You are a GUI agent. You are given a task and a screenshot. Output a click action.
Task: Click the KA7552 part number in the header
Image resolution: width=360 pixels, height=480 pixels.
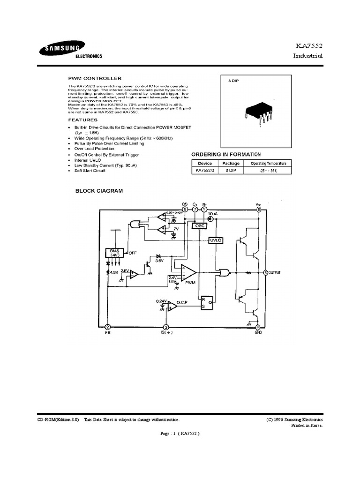(309, 46)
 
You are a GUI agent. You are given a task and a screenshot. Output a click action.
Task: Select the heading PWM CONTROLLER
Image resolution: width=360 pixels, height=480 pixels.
(95, 78)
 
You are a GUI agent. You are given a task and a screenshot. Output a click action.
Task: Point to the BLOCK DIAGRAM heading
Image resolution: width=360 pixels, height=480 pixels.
(99, 191)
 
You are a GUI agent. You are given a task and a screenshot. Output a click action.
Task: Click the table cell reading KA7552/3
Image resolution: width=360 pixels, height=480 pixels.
(205, 171)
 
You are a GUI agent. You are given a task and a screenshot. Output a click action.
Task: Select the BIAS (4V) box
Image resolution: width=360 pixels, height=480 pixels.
(114, 253)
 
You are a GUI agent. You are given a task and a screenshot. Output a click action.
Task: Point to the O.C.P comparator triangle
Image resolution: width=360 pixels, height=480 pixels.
(172, 306)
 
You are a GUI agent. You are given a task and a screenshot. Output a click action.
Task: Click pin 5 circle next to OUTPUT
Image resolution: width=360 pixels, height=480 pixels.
(266, 272)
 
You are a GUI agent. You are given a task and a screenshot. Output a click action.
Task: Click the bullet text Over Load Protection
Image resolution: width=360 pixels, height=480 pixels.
(94, 149)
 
